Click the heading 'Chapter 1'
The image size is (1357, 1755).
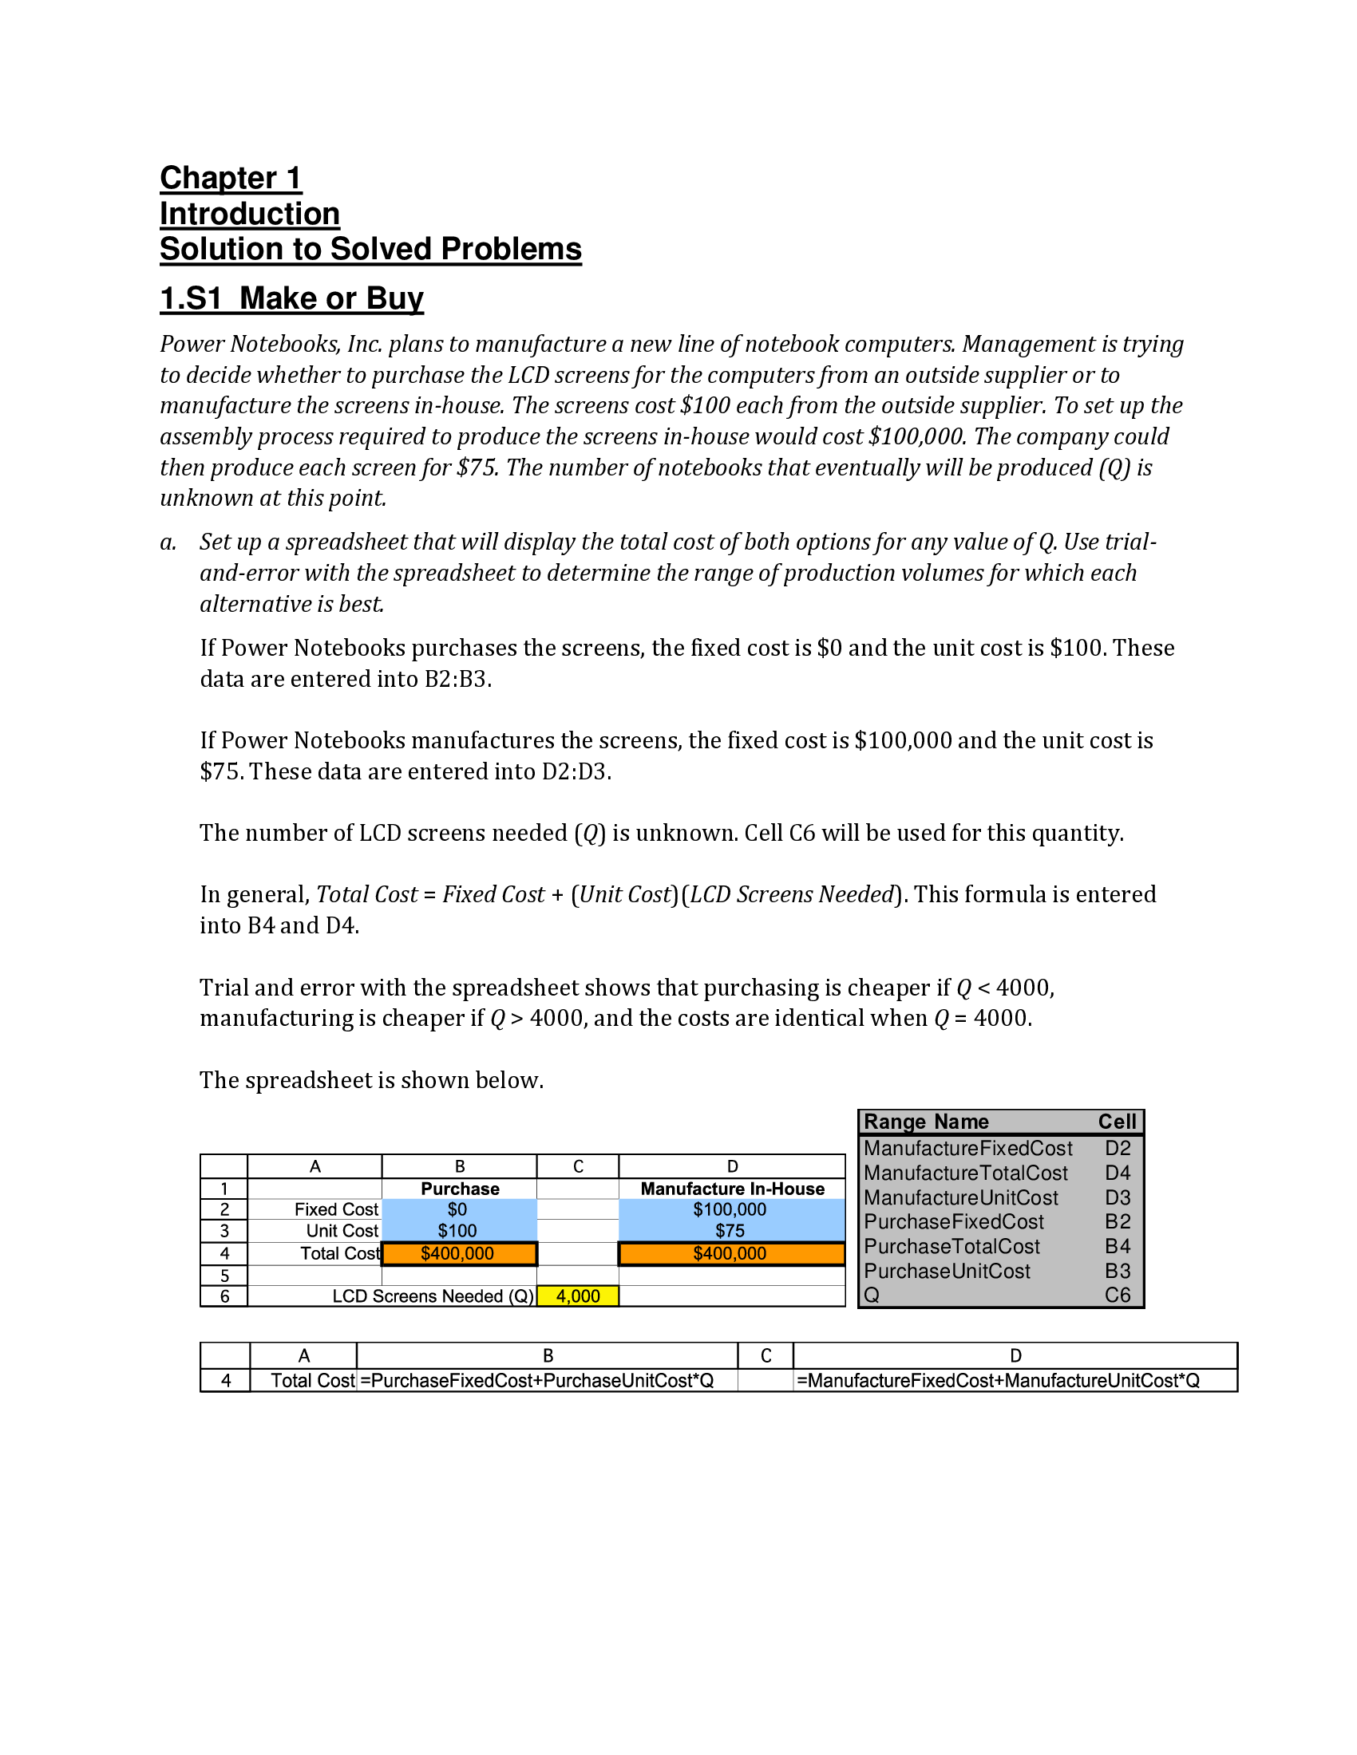[x=231, y=178]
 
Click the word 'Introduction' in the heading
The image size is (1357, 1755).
[x=249, y=214]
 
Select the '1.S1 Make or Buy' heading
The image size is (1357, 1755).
[x=291, y=298]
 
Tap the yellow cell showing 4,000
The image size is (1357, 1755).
[x=577, y=1296]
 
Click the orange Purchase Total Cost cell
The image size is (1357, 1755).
[x=458, y=1253]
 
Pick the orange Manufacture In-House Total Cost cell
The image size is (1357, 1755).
[x=730, y=1253]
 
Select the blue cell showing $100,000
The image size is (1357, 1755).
[x=730, y=1209]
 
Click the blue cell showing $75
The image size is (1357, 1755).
[x=730, y=1231]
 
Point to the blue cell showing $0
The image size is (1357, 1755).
[x=458, y=1209]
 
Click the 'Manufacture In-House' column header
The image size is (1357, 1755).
[x=731, y=1189]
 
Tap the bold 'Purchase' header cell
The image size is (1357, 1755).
[x=460, y=1189]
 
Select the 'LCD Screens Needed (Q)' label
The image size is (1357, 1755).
[x=433, y=1296]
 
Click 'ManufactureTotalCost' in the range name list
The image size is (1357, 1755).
[x=966, y=1173]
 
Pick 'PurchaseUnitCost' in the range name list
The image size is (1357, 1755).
[x=947, y=1272]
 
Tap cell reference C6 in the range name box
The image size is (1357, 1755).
[x=1117, y=1296]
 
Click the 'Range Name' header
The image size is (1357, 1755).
[x=926, y=1122]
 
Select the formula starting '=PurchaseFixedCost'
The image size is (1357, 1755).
[x=537, y=1381]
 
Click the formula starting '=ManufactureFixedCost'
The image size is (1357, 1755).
[x=998, y=1381]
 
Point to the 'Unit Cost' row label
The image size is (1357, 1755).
[x=342, y=1231]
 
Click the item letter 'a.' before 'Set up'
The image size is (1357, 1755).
[x=168, y=542]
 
